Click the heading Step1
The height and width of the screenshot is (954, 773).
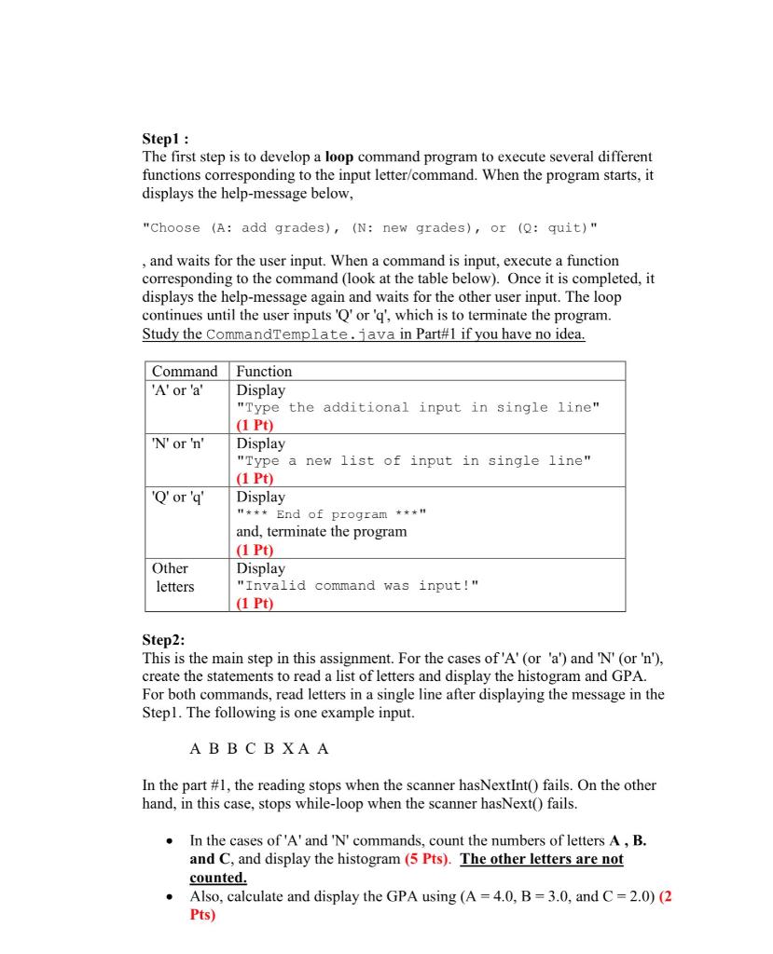click(164, 140)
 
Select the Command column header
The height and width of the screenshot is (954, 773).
click(185, 371)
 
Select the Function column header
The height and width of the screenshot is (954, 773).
click(265, 371)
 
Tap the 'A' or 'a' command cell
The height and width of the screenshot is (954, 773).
click(177, 389)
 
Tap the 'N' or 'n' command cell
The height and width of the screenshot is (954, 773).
click(177, 443)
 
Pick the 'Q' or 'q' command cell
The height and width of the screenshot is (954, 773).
click(177, 497)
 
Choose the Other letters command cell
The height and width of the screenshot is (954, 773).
click(173, 577)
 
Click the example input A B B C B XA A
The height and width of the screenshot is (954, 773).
click(258, 748)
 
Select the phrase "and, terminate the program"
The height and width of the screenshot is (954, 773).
click(322, 532)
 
